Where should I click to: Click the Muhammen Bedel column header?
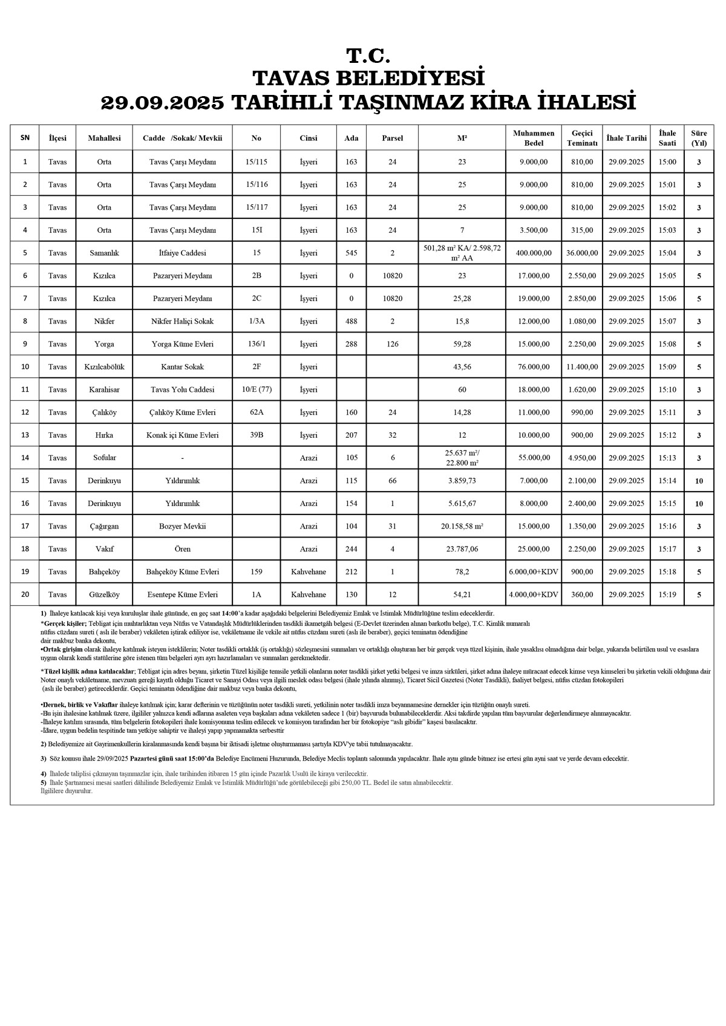click(533, 138)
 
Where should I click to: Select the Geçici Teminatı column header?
click(581, 138)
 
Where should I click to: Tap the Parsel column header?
click(392, 138)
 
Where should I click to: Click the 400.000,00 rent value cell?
click(533, 253)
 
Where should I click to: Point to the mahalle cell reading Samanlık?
click(104, 253)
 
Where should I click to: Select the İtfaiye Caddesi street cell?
click(182, 253)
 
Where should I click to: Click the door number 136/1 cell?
click(256, 344)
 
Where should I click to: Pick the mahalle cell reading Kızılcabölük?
click(104, 367)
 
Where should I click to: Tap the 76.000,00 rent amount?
click(533, 367)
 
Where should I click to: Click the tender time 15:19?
click(667, 595)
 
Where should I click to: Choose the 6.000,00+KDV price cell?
click(533, 572)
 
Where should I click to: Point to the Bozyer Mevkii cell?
click(182, 527)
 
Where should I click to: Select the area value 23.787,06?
click(462, 550)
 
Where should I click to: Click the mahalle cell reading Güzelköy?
click(104, 595)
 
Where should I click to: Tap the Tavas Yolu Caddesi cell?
click(182, 390)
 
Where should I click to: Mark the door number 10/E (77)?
click(256, 390)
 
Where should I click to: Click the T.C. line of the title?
click(368, 56)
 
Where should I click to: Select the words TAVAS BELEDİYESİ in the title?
click(368, 79)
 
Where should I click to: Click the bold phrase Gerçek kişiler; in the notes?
click(64, 623)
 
